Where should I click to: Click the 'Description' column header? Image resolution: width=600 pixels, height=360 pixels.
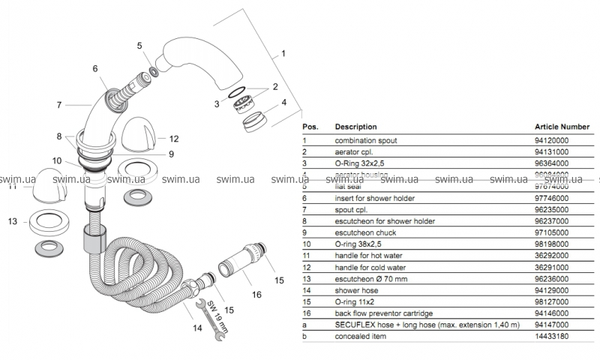[355, 127]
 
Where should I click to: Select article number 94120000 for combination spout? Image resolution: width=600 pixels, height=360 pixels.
[553, 139]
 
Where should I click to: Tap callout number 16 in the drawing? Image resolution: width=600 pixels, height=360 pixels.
[256, 295]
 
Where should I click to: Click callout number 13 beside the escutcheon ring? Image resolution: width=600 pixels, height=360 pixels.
[11, 222]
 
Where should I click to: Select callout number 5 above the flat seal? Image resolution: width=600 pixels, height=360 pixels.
[139, 46]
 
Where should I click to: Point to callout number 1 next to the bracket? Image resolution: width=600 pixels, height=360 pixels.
[283, 55]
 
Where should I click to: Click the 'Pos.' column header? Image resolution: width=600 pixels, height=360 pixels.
[310, 127]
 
